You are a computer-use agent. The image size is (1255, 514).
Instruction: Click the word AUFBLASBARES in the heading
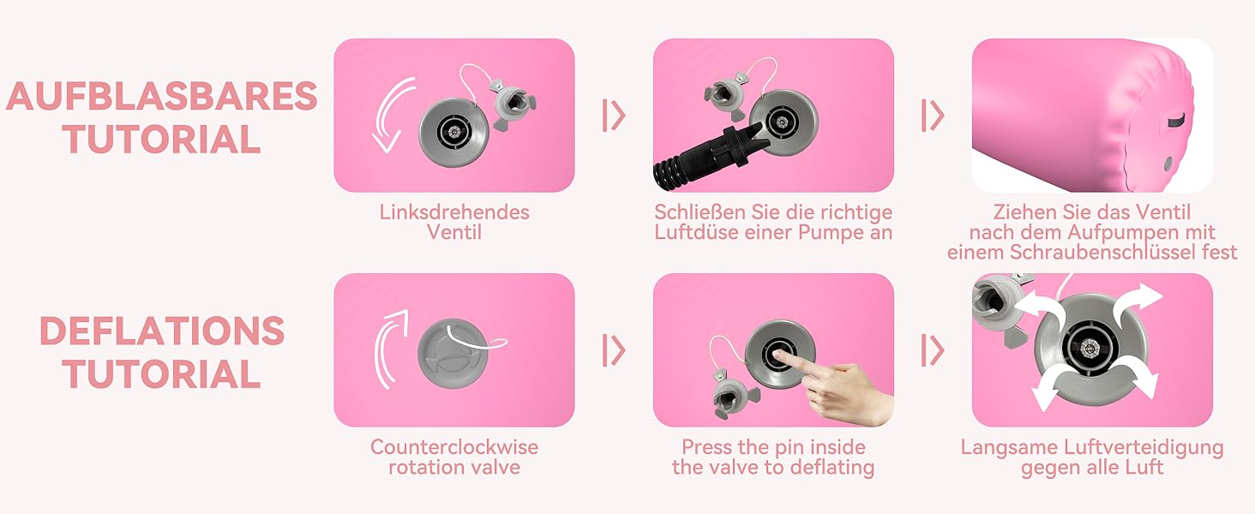(x=161, y=96)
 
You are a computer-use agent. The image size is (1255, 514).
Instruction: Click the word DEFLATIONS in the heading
(x=162, y=331)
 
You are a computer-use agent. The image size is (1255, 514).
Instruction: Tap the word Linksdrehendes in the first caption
(x=454, y=212)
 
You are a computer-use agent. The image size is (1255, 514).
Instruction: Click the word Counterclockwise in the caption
(x=454, y=447)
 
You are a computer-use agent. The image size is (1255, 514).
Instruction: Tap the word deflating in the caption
(x=829, y=467)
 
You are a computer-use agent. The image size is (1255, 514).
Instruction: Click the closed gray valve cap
(x=453, y=354)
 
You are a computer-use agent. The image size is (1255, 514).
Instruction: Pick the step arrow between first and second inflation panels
(x=614, y=116)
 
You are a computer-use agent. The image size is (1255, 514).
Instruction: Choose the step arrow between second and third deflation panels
(x=934, y=350)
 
